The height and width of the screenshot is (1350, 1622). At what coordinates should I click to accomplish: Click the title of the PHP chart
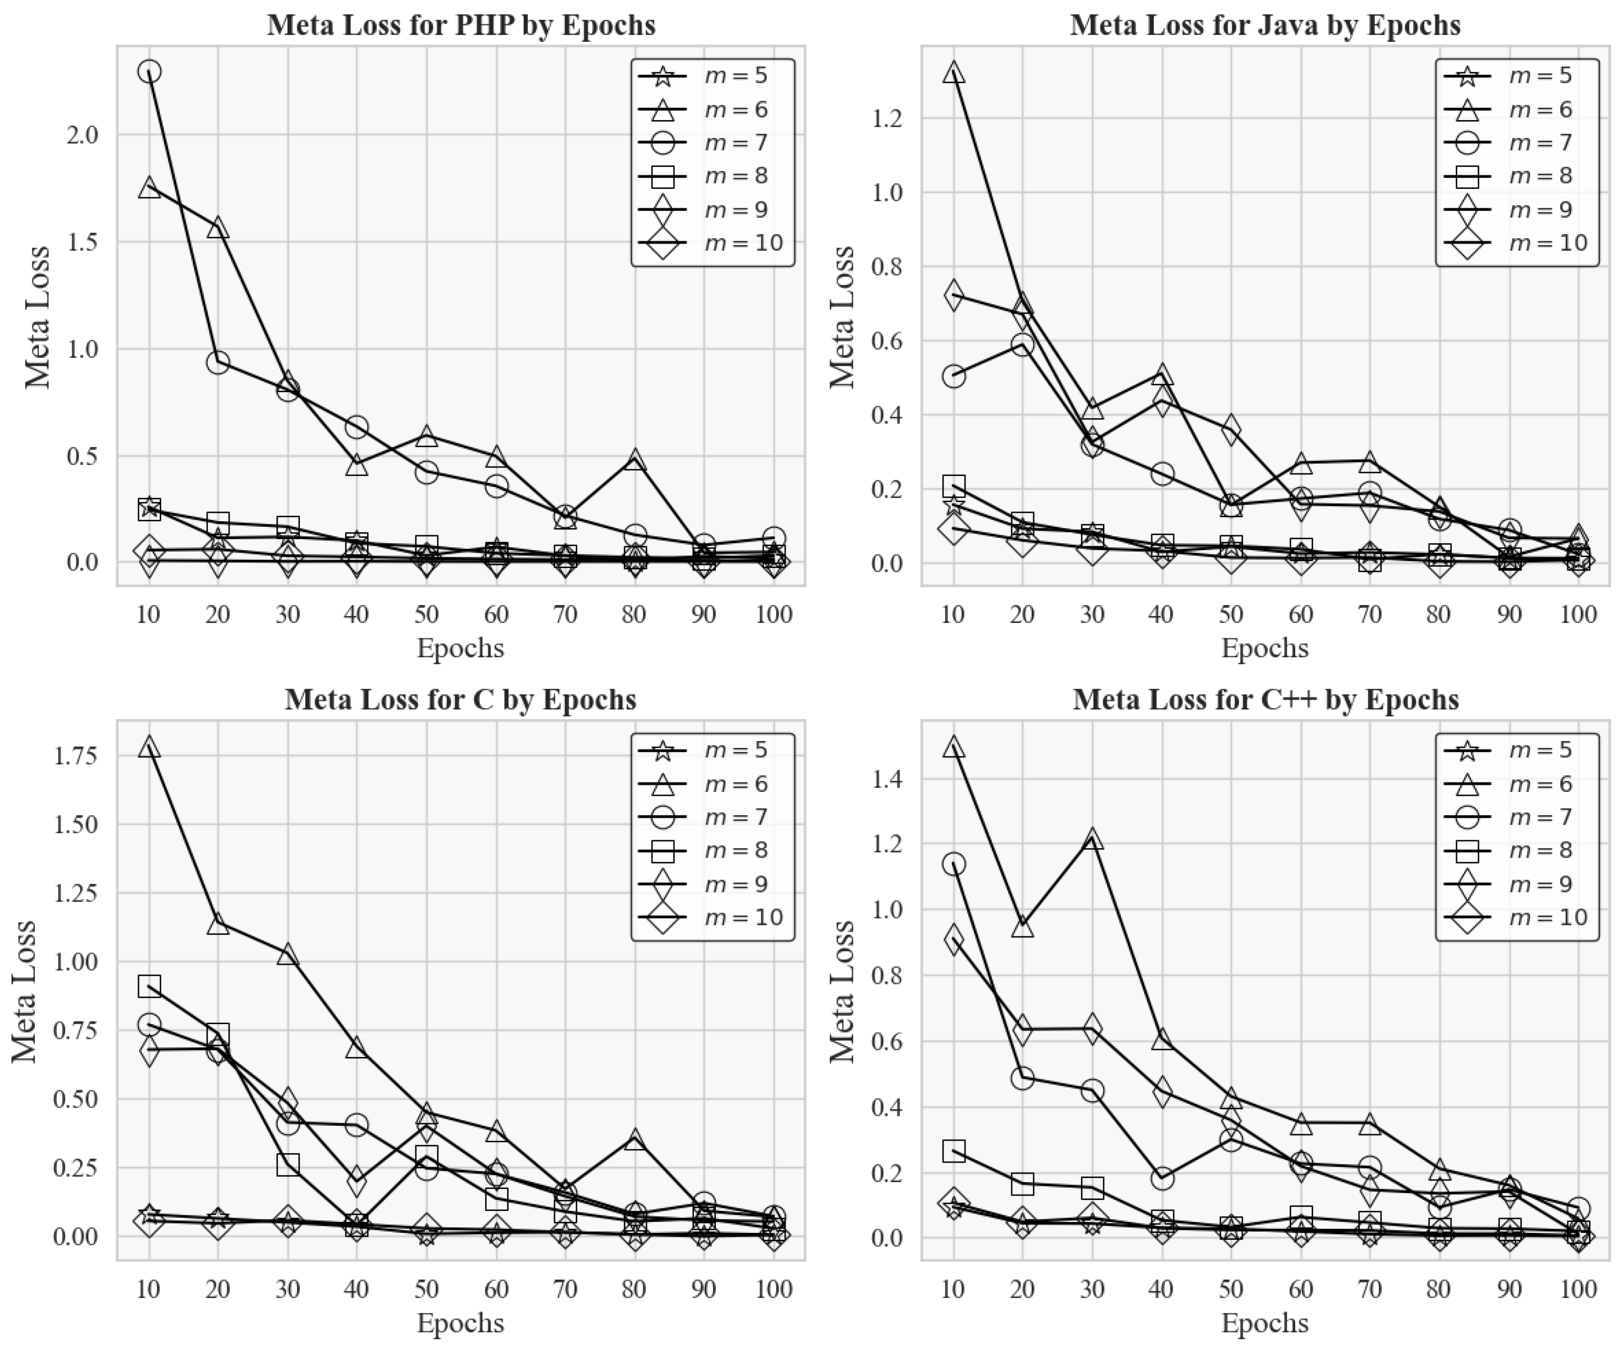pyautogui.click(x=461, y=25)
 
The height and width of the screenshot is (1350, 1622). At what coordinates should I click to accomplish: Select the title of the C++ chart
pyautogui.click(x=1265, y=699)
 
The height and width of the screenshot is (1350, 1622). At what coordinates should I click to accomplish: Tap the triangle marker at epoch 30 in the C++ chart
pyautogui.click(x=1092, y=838)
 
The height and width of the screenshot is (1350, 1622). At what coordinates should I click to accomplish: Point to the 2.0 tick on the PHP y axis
pyautogui.click(x=83, y=135)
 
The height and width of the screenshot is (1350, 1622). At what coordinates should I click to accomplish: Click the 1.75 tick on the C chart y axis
pyautogui.click(x=76, y=755)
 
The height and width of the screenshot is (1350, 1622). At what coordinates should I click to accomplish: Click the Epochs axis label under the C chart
pyautogui.click(x=461, y=1323)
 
